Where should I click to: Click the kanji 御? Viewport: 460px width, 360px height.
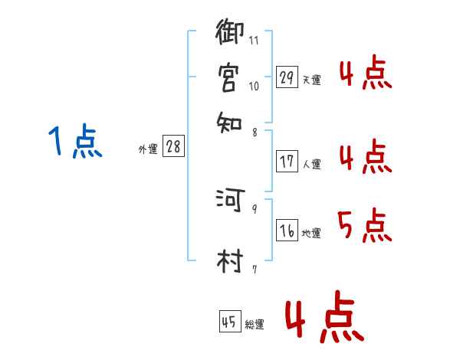pos(231,34)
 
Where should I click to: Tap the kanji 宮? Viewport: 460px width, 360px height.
pos(229,77)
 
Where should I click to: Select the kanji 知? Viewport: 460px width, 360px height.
pos(229,120)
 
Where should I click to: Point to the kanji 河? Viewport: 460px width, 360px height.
pos(230,199)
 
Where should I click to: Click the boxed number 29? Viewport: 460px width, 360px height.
pos(287,77)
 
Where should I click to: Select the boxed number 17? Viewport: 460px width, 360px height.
pos(287,162)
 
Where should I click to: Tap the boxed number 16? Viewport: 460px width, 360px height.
pos(287,231)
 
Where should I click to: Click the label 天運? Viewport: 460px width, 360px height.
pos(311,80)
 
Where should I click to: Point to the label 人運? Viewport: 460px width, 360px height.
pos(311,164)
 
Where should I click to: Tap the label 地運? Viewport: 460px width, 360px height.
pos(311,234)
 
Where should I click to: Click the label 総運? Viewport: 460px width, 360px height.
pos(255,325)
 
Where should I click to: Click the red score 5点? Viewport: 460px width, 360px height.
pos(365,226)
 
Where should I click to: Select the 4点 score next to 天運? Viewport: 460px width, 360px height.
pos(365,74)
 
